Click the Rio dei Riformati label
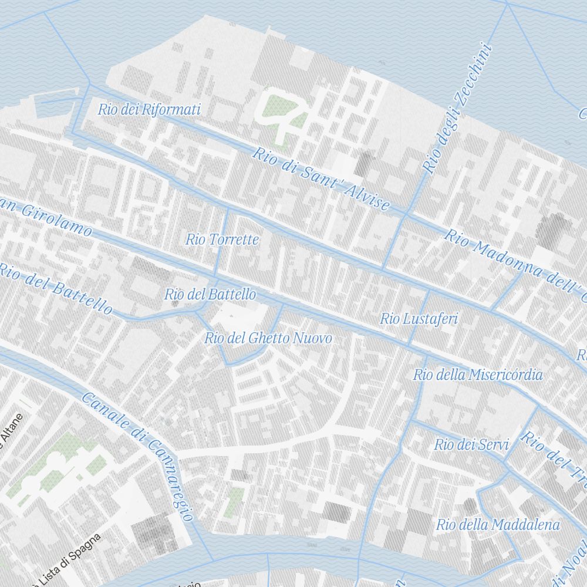(x=149, y=109)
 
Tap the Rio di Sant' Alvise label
(x=321, y=178)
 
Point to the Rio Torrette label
(x=222, y=239)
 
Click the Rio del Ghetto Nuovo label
(x=268, y=338)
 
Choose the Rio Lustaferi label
(x=419, y=319)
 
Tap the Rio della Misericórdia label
(x=478, y=375)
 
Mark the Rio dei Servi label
(x=471, y=445)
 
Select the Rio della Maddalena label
(x=498, y=525)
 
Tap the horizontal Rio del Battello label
(x=210, y=294)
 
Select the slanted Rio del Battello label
(x=56, y=288)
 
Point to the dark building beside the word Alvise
(x=366, y=162)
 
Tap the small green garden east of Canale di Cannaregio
(x=234, y=502)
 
